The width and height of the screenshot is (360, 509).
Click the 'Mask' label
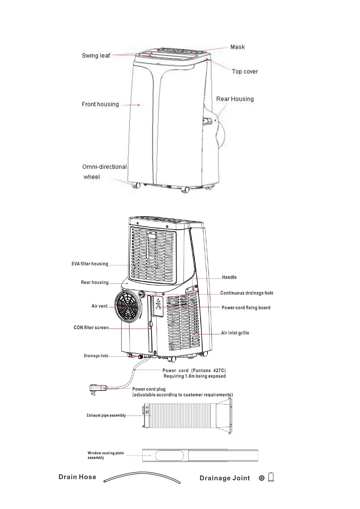(x=237, y=47)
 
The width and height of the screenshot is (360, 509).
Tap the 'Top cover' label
(x=245, y=72)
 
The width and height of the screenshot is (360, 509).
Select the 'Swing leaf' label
(x=96, y=56)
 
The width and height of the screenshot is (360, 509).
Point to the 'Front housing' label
(x=100, y=104)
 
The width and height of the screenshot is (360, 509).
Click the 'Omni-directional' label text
(x=104, y=167)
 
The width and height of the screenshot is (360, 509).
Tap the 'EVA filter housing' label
(x=90, y=264)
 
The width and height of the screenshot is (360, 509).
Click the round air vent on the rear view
(x=127, y=306)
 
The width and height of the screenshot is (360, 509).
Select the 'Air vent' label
(x=99, y=306)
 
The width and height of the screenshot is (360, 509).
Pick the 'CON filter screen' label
(x=91, y=328)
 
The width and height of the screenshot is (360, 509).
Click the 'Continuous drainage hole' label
(x=246, y=293)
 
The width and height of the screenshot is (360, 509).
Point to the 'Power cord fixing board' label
(x=246, y=308)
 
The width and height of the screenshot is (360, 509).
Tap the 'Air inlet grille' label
(x=235, y=333)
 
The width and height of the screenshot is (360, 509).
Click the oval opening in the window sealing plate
(x=169, y=456)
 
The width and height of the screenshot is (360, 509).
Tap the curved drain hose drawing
(x=142, y=477)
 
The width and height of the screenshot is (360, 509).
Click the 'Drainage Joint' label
(x=225, y=478)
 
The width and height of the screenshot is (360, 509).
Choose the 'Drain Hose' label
(x=77, y=477)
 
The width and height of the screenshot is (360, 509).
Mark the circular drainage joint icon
(x=262, y=478)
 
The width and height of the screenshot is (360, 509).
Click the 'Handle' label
(x=229, y=277)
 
